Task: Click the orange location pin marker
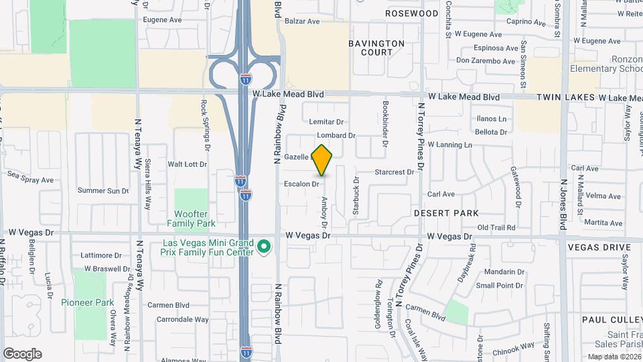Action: (322, 160)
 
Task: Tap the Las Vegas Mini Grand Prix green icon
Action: (264, 248)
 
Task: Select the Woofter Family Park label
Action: (191, 219)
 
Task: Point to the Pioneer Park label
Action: (87, 302)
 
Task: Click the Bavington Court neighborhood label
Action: (376, 48)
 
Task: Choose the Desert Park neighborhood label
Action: (446, 213)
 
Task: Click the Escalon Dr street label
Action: (301, 183)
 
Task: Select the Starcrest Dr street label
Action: (395, 172)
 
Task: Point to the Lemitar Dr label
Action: (326, 122)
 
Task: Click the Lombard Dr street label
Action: (336, 135)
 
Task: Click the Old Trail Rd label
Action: (496, 228)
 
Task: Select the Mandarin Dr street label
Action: (504, 271)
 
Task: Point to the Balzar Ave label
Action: (302, 21)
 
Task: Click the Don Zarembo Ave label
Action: (486, 61)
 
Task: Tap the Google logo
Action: (22, 354)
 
